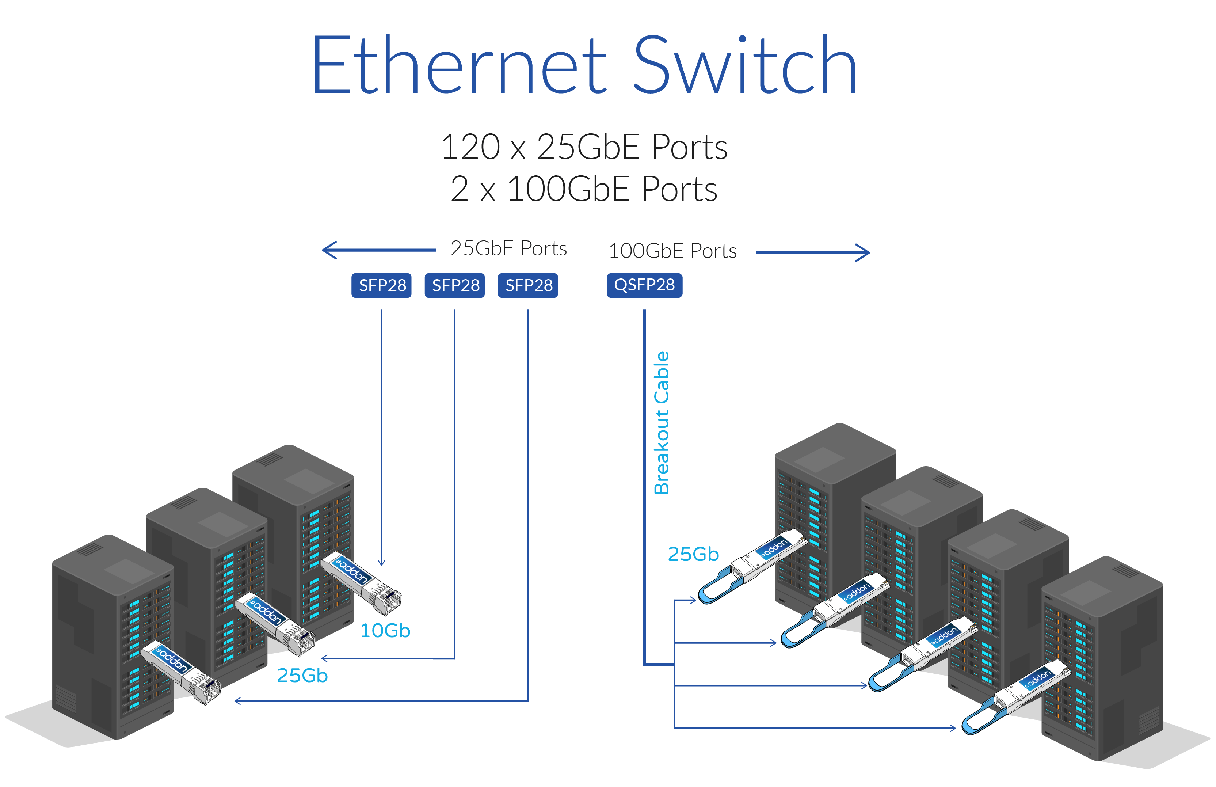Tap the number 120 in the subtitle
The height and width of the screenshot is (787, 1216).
(470, 147)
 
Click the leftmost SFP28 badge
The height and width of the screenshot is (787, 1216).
(382, 285)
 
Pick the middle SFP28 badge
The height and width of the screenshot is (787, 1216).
(455, 285)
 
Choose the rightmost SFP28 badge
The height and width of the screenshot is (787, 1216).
(528, 285)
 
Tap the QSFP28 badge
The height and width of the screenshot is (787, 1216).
(644, 285)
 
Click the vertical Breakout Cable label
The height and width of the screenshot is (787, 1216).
(662, 423)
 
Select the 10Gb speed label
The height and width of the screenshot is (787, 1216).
(385, 631)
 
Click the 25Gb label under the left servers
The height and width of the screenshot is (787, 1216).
(302, 676)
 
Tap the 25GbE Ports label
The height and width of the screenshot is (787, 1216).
(508, 249)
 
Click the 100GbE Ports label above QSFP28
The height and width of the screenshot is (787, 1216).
(672, 251)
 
